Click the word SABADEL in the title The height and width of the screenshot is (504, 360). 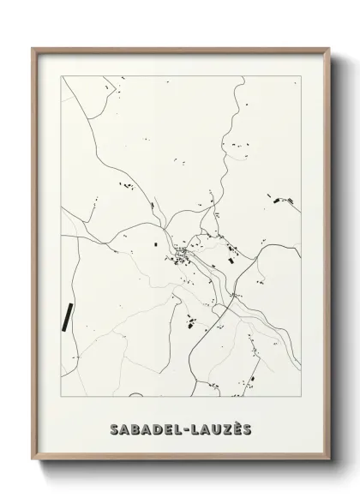point(142,429)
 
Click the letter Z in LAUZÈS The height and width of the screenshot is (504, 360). point(221,429)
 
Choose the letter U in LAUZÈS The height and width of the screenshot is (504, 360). point(210,429)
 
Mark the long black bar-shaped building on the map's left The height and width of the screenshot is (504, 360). point(66,316)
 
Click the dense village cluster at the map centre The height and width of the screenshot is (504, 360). point(183,254)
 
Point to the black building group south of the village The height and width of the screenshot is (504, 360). point(191,323)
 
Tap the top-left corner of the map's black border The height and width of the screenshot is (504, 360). point(60,77)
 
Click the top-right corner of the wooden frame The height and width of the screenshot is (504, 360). point(327,49)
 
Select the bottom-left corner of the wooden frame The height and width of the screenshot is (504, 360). point(33,469)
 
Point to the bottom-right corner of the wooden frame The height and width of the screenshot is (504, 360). point(327,469)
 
